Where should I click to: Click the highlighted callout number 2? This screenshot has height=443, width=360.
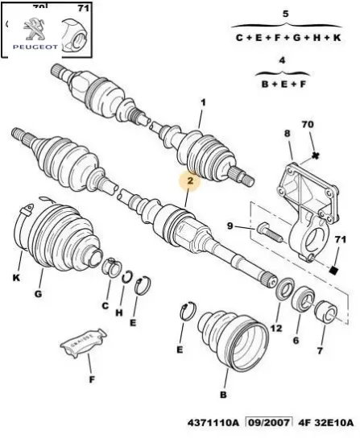[x=189, y=181]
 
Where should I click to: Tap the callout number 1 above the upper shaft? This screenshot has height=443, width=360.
[x=202, y=102]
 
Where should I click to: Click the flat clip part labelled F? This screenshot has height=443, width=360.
[x=81, y=347]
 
